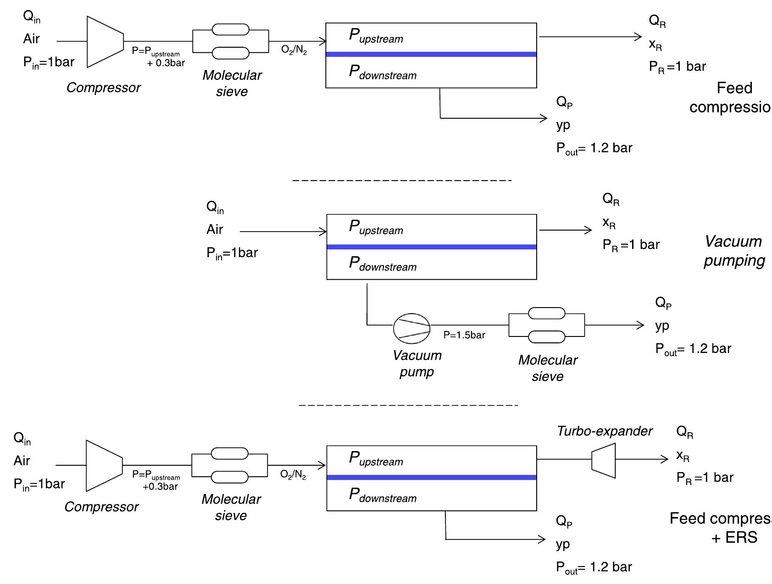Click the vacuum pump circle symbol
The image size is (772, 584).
[411, 328]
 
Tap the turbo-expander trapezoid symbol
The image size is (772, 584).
[604, 460]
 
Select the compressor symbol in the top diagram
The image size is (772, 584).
[105, 42]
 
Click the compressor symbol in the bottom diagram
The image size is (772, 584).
[104, 466]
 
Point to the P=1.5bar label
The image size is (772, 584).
[464, 335]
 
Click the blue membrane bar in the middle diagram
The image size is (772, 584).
[431, 247]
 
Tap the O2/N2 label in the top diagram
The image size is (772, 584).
[294, 50]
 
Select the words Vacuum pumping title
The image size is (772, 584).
[734, 251]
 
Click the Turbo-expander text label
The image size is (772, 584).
[604, 431]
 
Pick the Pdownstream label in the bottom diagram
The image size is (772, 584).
[383, 495]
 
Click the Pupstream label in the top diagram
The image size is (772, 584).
[376, 36]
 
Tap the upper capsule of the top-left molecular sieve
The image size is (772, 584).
[230, 30]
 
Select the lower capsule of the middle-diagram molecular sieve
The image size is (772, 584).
[546, 337]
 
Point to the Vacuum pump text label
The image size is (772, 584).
[417, 363]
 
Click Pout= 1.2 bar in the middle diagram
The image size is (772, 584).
[693, 349]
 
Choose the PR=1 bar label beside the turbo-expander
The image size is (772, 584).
[705, 478]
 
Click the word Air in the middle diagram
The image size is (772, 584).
[215, 229]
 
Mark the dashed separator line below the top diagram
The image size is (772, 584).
[402, 181]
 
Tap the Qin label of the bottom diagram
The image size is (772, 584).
[22, 438]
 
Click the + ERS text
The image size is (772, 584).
[734, 537]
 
